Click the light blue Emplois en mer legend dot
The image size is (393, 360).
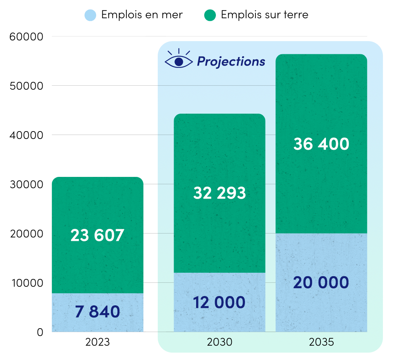(90, 15)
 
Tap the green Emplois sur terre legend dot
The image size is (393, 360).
(210, 15)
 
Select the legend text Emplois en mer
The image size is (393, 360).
(142, 15)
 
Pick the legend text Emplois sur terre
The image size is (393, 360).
(265, 15)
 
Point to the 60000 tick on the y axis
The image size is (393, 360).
(25, 37)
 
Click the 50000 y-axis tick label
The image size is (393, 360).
(25, 86)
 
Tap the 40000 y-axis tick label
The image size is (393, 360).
(25, 135)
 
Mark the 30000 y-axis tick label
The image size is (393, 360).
(25, 185)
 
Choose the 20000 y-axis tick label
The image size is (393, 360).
(25, 234)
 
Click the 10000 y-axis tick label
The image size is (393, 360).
(25, 283)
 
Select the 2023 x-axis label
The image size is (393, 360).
(98, 343)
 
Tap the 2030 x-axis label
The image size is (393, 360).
(219, 343)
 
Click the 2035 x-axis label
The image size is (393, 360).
(321, 343)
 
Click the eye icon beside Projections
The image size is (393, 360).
(178, 60)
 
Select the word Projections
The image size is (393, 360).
(231, 61)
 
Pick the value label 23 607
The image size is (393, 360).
(97, 235)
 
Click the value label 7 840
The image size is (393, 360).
(97, 312)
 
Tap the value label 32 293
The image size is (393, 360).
(219, 193)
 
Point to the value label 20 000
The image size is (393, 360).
(321, 283)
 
